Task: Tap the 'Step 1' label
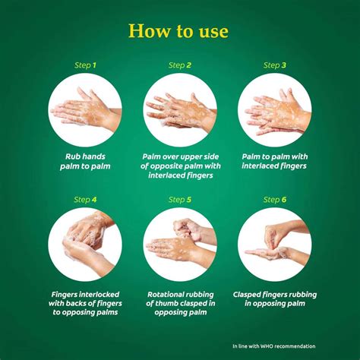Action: point(84,65)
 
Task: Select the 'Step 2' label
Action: point(179,65)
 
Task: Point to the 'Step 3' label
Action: point(275,65)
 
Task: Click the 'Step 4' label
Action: point(84,200)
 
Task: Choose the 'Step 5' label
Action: point(179,200)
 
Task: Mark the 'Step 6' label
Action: point(275,200)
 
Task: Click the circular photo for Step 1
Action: point(84,110)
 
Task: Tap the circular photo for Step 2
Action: point(179,110)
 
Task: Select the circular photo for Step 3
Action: point(275,110)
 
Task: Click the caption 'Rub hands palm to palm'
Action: point(84,160)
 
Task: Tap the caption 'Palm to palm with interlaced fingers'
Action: point(275,160)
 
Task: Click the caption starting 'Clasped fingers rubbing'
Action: point(275,298)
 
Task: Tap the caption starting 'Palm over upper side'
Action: point(179,165)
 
